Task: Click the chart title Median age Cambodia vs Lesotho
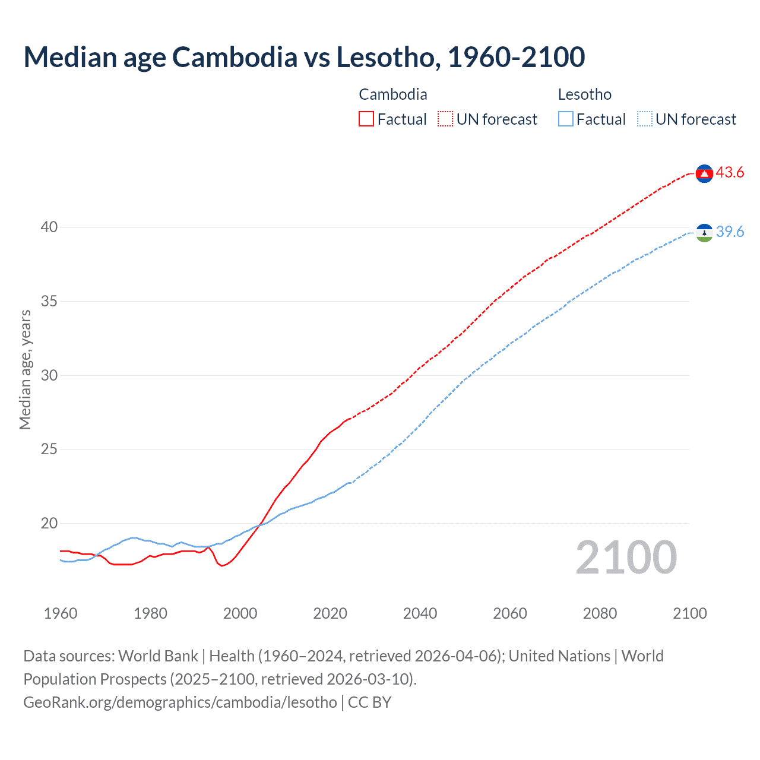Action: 304,57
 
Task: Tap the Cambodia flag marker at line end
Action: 704,173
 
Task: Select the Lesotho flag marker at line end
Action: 704,233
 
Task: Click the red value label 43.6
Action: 730,173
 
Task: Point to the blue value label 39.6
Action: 730,232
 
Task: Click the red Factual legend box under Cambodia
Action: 366,119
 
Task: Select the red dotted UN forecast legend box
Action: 445,119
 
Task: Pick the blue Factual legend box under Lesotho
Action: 566,119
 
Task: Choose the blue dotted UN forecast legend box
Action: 644,119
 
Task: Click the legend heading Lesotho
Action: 584,94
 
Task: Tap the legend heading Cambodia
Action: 392,94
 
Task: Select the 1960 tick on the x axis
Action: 61,613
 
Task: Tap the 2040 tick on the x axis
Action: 420,613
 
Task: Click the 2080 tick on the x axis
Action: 600,613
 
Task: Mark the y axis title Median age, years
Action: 25,369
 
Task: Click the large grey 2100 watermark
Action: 626,558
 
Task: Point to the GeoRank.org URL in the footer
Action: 180,702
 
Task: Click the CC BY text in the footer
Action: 369,702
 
